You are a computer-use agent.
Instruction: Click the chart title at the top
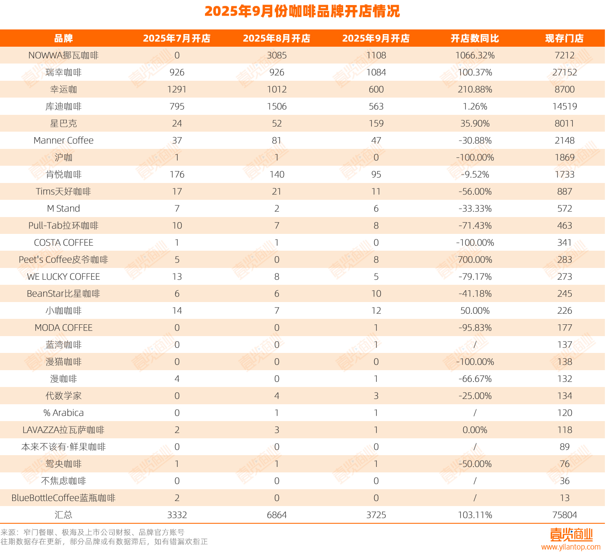pyautogui.click(x=302, y=11)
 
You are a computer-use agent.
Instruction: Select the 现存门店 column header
pyautogui.click(x=564, y=38)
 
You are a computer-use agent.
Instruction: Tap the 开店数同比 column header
pyautogui.click(x=475, y=38)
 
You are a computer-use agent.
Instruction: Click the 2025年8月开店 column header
pyautogui.click(x=276, y=38)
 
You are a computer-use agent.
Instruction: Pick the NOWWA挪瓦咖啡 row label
pyautogui.click(x=63, y=56)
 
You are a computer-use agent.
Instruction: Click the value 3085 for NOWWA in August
pyautogui.click(x=276, y=56)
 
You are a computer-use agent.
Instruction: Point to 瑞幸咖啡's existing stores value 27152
pyautogui.click(x=564, y=72)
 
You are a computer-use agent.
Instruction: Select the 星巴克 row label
pyautogui.click(x=63, y=124)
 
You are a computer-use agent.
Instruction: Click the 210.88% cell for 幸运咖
pyautogui.click(x=475, y=90)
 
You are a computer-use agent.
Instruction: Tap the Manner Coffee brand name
pyautogui.click(x=63, y=140)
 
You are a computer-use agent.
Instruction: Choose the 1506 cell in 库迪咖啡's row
pyautogui.click(x=276, y=106)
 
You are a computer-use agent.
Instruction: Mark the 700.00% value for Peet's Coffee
pyautogui.click(x=475, y=260)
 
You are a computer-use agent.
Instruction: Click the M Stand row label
pyautogui.click(x=63, y=209)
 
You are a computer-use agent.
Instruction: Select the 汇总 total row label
pyautogui.click(x=63, y=515)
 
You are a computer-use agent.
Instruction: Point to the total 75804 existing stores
pyautogui.click(x=564, y=515)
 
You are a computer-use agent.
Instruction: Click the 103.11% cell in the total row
pyautogui.click(x=475, y=515)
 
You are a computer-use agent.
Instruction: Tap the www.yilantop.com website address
pyautogui.click(x=570, y=547)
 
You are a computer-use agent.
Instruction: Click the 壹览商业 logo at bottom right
pyautogui.click(x=571, y=535)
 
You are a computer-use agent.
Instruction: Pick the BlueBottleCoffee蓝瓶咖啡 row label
pyautogui.click(x=63, y=498)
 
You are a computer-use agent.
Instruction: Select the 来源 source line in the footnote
pyautogui.click(x=92, y=533)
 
